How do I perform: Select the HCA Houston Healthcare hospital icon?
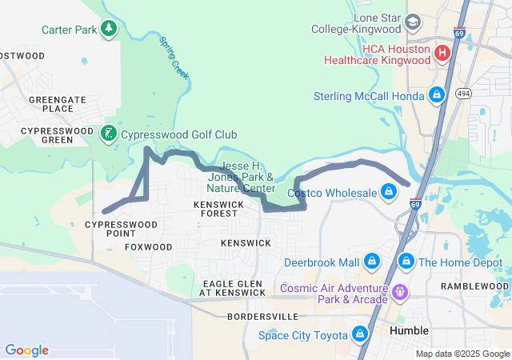click(x=442, y=54)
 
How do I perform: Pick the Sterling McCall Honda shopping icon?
click(x=436, y=96)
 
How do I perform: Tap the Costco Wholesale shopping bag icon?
click(x=388, y=193)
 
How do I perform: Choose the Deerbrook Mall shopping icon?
click(x=371, y=262)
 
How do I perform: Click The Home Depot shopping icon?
click(x=406, y=262)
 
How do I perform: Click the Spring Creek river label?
click(x=174, y=56)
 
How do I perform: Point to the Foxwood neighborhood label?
click(x=149, y=247)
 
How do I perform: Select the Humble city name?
click(x=409, y=330)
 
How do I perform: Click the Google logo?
click(x=26, y=350)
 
